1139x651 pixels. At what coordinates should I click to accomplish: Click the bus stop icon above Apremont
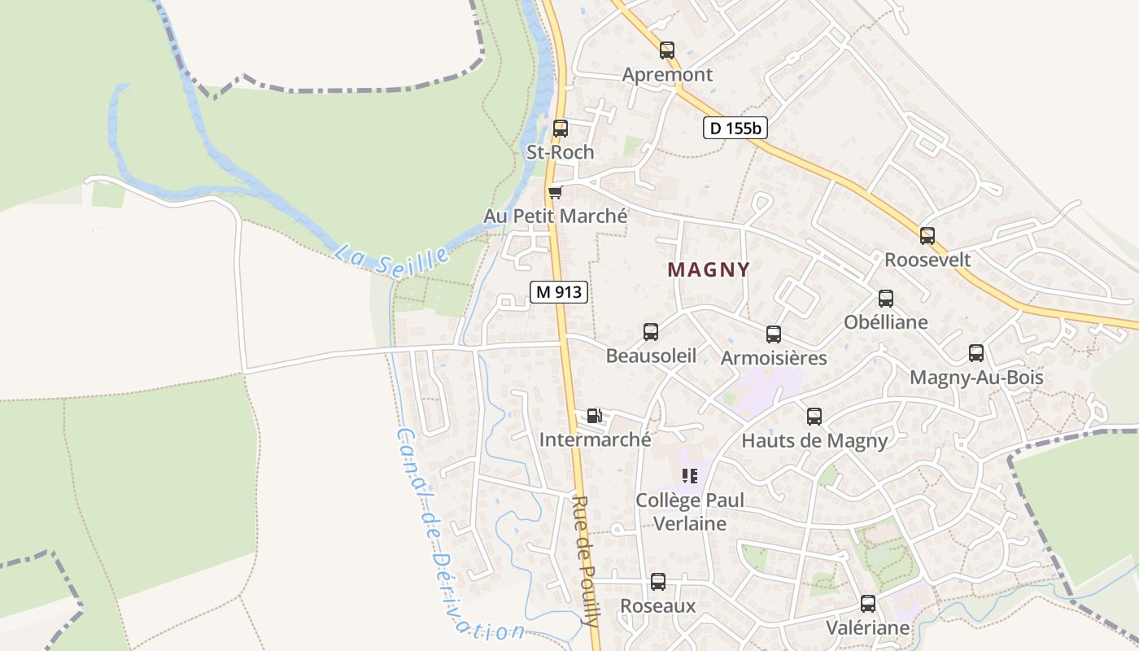pos(667,50)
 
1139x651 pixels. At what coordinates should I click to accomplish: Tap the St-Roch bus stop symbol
pos(561,129)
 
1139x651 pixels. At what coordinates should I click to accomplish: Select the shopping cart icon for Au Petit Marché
pos(556,192)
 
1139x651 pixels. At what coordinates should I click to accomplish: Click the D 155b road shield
pos(735,128)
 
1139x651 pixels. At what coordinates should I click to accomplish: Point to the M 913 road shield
pos(559,292)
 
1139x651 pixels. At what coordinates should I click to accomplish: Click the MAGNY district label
pos(709,269)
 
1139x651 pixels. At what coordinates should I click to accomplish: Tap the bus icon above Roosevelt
pos(927,236)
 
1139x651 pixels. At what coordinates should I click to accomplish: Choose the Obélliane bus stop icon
pos(886,299)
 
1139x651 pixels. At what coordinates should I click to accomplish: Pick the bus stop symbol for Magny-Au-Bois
pos(976,353)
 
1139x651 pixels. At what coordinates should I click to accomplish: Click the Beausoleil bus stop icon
pos(651,332)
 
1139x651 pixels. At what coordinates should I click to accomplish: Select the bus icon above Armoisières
pos(774,334)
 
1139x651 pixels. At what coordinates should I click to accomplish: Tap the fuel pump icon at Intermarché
pos(595,416)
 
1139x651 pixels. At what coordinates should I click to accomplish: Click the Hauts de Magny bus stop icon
pos(814,417)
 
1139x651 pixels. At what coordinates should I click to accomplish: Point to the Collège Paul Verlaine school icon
pos(690,476)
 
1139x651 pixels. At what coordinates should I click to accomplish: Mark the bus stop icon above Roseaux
pos(658,583)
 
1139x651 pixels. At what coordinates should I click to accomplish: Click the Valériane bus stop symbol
pos(868,604)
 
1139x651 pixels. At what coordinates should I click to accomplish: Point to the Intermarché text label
pos(596,439)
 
